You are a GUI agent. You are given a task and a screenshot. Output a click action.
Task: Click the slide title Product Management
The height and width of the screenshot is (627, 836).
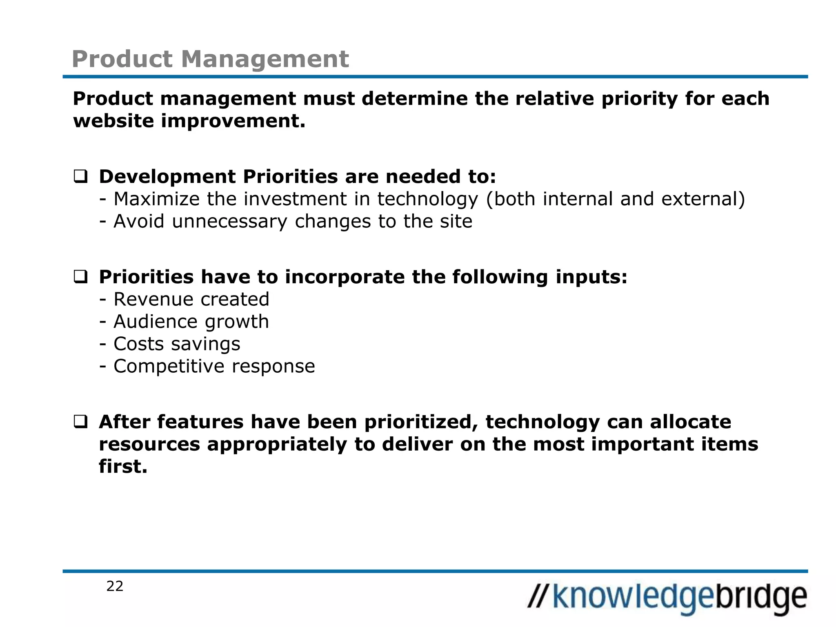point(210,59)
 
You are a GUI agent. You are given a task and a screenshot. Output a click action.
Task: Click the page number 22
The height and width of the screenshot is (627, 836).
point(115,586)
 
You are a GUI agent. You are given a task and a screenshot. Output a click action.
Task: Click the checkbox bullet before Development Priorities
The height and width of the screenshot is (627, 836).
point(80,177)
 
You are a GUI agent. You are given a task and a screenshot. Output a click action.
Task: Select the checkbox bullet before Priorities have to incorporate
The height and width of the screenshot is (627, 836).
point(80,278)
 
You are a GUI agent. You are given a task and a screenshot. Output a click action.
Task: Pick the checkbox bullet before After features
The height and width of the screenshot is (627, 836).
point(80,422)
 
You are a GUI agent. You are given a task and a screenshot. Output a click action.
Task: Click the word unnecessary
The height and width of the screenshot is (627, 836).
point(229,222)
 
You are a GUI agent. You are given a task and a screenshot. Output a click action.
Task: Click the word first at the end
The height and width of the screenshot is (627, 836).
point(122,467)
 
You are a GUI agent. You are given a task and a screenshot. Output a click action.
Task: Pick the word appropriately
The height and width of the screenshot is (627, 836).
point(277,445)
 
